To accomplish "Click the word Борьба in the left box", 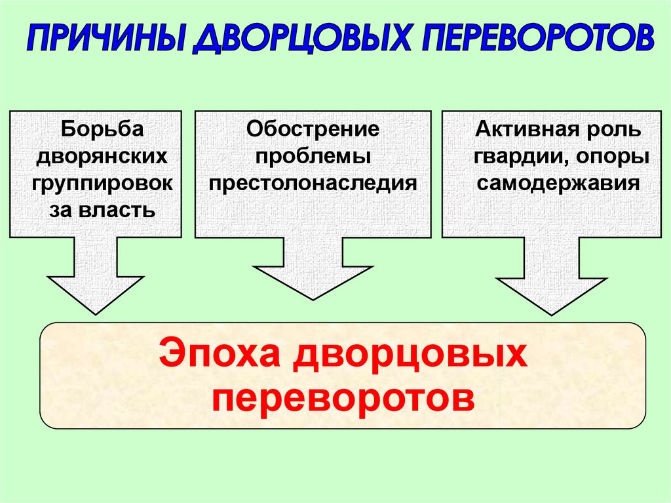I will click(102, 129).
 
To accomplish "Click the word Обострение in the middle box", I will click(313, 129).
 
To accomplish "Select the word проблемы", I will click(313, 156).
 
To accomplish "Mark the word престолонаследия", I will click(313, 183).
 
